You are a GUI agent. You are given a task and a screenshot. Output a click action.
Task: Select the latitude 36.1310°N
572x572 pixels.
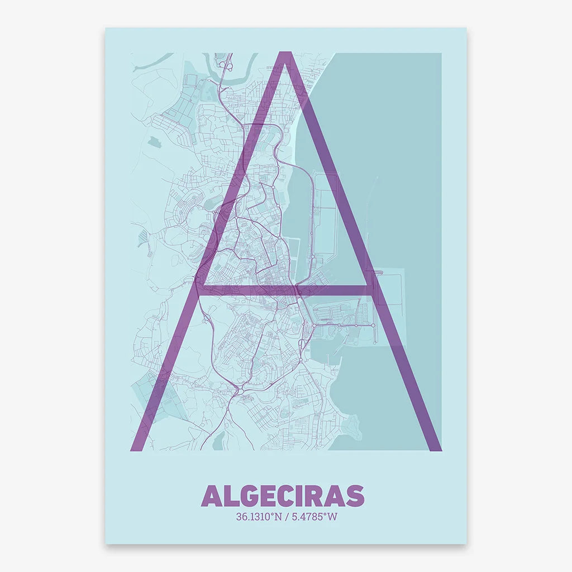tap(259, 517)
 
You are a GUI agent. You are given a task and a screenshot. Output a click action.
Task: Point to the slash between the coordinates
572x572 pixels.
tap(286, 517)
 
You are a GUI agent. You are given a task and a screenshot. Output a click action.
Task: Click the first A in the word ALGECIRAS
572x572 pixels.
tap(210, 495)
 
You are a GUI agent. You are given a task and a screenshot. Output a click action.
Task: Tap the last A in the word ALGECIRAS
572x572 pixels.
tap(333, 495)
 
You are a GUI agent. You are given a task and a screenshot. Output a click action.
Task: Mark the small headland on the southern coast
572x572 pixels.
tap(350, 428)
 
